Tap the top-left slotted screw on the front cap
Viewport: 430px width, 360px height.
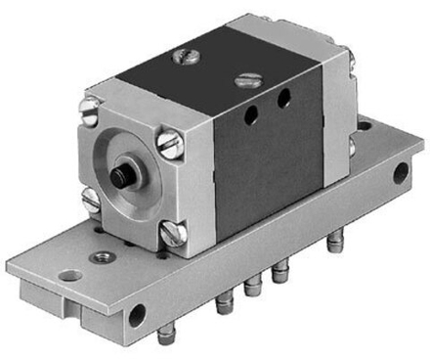pyautogui.click(x=92, y=115)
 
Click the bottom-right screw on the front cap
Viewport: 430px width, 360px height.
pyautogui.click(x=174, y=232)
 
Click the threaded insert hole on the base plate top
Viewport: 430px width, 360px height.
pyautogui.click(x=100, y=257)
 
